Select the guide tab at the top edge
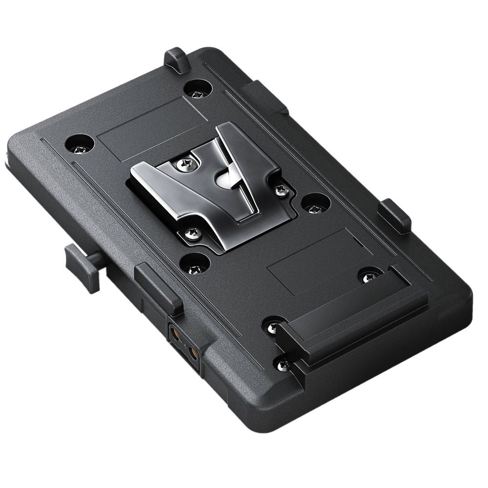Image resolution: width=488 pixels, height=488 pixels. point(177,60)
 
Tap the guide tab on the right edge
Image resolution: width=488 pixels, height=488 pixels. point(394,215)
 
